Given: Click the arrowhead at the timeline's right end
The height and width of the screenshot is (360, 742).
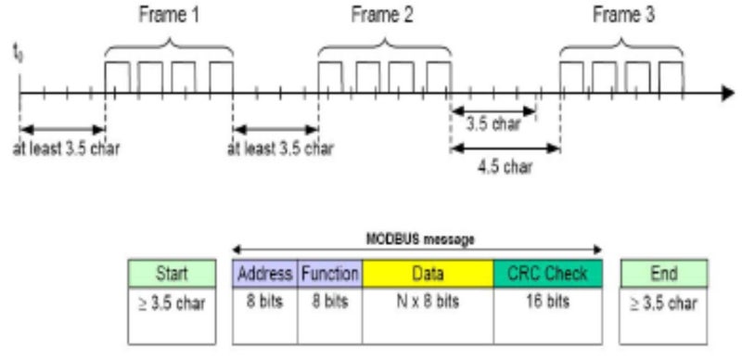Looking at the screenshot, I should click(723, 93).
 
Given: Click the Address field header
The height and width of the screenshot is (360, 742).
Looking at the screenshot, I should click(264, 273).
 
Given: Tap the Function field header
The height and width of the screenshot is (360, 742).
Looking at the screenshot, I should click(329, 273).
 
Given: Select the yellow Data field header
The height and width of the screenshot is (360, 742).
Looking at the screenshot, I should click(428, 273).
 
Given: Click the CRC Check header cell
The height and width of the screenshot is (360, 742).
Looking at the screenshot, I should click(547, 273).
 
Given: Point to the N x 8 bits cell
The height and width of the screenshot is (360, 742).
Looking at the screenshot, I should click(428, 302).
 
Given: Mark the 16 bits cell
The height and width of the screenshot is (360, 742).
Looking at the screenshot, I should click(547, 302).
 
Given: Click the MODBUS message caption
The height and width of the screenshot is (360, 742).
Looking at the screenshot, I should click(416, 239).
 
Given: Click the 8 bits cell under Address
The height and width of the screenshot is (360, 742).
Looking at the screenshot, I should click(264, 302).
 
